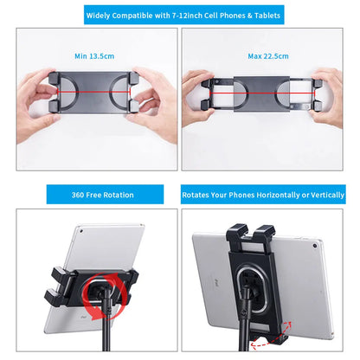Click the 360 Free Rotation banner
90,196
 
